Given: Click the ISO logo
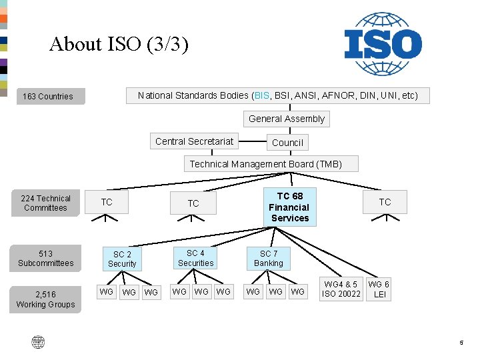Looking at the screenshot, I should pyautogui.click(x=383, y=43).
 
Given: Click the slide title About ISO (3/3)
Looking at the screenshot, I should pyautogui.click(x=119, y=45).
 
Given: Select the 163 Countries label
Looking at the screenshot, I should pyautogui.click(x=48, y=97).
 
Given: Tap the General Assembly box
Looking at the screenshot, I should pyautogui.click(x=287, y=119).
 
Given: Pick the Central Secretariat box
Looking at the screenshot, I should pyautogui.click(x=195, y=141).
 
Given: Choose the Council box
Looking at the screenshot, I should pyautogui.click(x=287, y=143).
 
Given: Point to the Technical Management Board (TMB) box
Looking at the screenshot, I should pyautogui.click(x=266, y=164).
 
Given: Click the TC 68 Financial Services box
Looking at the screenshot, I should pyautogui.click(x=290, y=207).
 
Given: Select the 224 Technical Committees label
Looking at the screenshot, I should pyautogui.click(x=45, y=203).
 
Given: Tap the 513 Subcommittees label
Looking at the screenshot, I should pyautogui.click(x=45, y=259).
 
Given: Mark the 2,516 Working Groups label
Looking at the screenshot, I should pyautogui.click(x=45, y=299).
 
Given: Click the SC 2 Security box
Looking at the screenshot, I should pyautogui.click(x=122, y=259).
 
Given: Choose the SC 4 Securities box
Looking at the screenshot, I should pyautogui.click(x=195, y=258).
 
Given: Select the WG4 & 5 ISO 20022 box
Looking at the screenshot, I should pyautogui.click(x=341, y=289).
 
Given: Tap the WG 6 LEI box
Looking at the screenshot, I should pyautogui.click(x=379, y=289).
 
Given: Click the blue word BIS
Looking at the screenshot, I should pyautogui.click(x=261, y=96).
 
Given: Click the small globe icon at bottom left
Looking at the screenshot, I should pyautogui.click(x=38, y=343).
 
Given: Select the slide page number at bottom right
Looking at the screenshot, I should pyautogui.click(x=461, y=343).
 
